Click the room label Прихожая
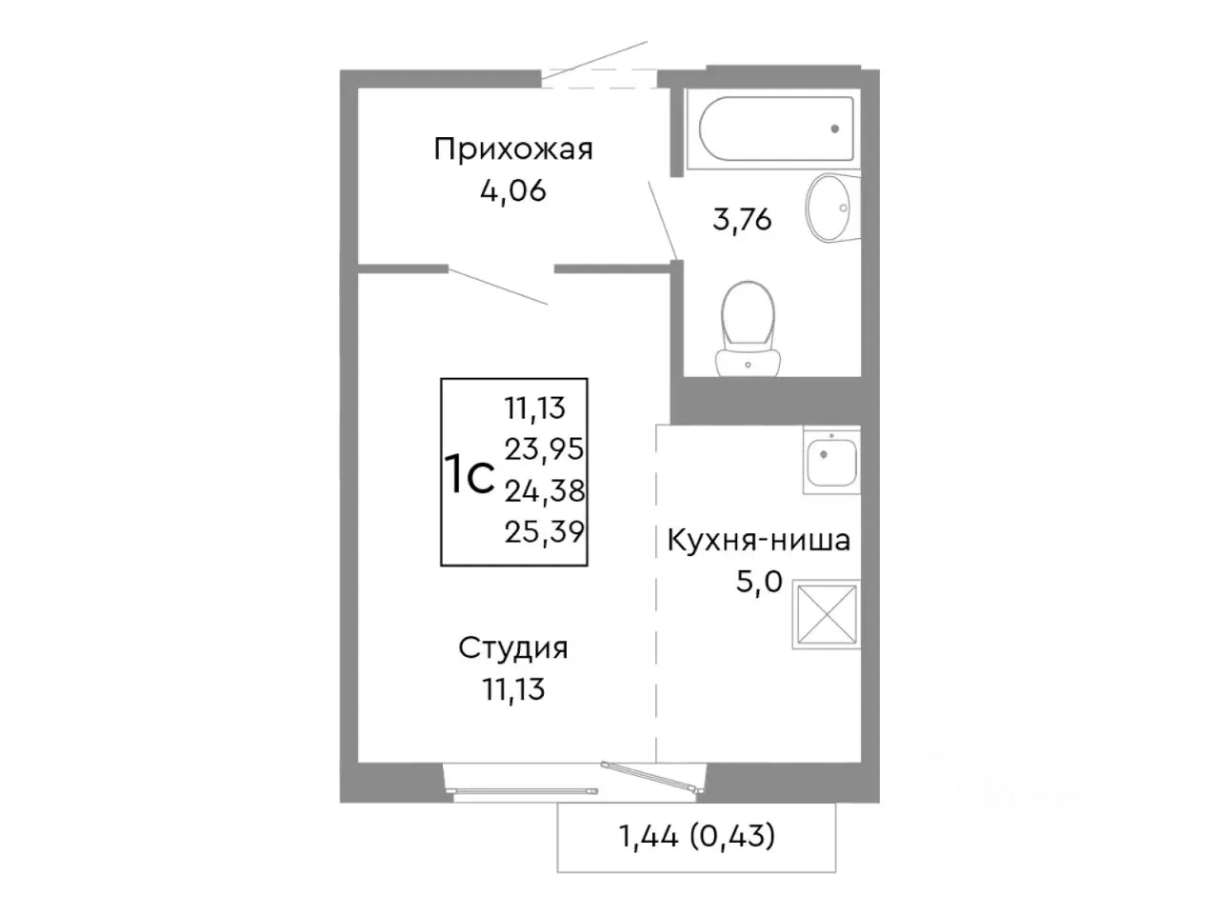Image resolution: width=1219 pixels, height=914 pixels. [x=513, y=149]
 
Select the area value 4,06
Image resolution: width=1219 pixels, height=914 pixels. [x=513, y=191]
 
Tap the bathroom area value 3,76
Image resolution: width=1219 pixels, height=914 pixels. [x=742, y=220]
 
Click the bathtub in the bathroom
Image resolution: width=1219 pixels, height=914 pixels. [x=776, y=130]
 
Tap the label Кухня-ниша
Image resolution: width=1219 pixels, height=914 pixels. [x=758, y=541]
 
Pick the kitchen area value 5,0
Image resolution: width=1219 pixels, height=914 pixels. [x=758, y=581]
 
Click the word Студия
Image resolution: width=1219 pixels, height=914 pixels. [x=513, y=648]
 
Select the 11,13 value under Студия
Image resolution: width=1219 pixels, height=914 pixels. [x=513, y=689]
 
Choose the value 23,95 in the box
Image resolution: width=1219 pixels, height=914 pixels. [x=545, y=447]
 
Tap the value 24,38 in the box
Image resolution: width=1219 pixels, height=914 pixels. [x=545, y=490]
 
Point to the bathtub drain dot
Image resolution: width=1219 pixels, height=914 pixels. [x=835, y=129]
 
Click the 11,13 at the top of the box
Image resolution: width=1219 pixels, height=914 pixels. [x=535, y=407]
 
